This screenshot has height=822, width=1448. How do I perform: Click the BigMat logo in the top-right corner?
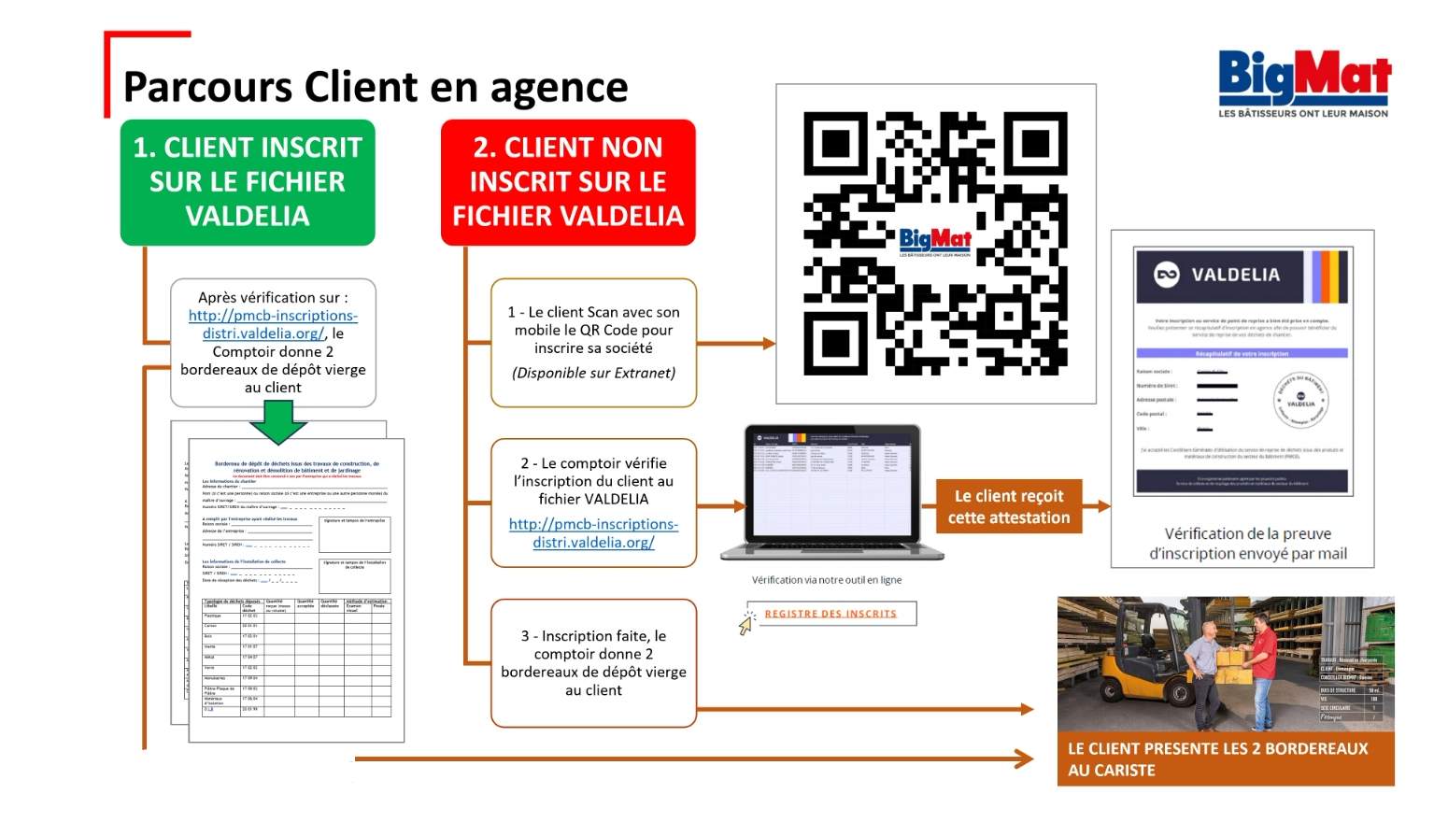point(1304,82)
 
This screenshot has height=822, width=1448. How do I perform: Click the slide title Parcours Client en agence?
point(376,87)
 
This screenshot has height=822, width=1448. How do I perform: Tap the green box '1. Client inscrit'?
point(248,182)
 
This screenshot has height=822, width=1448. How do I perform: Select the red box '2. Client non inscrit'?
point(568,182)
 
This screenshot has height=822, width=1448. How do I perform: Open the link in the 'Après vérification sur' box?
point(273,324)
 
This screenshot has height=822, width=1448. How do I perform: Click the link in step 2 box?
point(593,533)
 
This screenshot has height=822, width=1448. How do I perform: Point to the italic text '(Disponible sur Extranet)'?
point(593,373)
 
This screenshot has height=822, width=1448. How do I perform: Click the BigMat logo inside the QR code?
point(935,241)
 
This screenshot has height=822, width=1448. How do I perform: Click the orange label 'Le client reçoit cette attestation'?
point(1009,506)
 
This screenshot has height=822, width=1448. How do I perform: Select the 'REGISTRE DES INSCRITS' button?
point(830,614)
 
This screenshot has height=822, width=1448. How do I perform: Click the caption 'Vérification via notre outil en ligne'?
point(827,580)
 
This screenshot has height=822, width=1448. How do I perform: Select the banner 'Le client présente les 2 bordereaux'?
point(1225,758)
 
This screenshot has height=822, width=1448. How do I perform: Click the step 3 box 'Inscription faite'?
point(593,663)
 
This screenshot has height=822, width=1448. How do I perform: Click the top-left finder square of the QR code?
point(836,144)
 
